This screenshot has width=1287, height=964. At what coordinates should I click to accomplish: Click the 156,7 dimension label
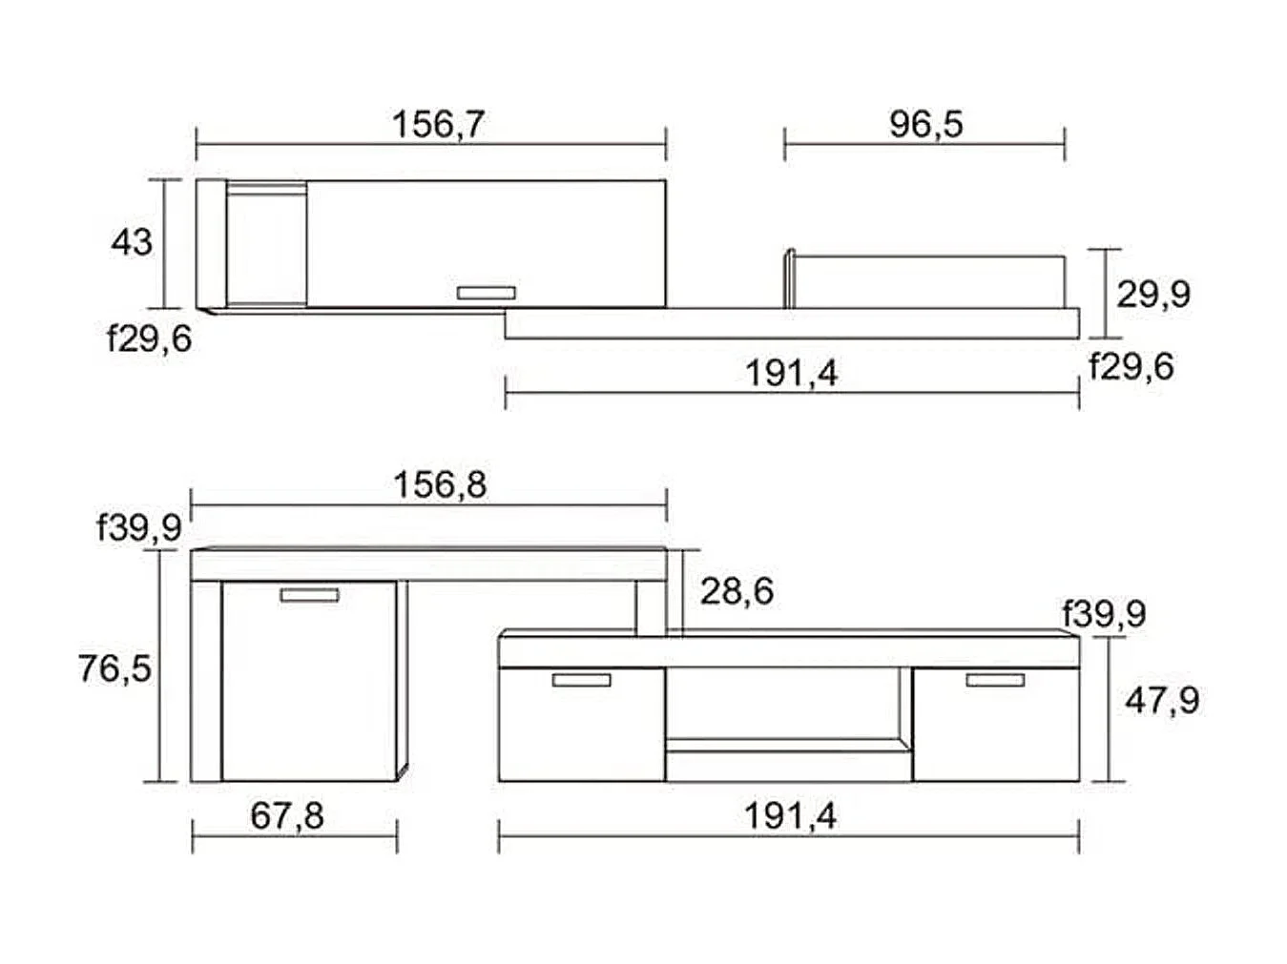[x=438, y=124]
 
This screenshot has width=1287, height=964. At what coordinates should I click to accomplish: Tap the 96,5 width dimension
[x=925, y=124]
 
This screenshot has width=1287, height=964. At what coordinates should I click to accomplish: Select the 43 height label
[x=131, y=242]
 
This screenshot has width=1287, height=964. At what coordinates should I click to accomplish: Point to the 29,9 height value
[x=1153, y=294]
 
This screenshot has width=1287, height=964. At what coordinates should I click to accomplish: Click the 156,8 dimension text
[x=440, y=484]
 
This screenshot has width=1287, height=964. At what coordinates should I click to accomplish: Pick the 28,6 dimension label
[x=737, y=591]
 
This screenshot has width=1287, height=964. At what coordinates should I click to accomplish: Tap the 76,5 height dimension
[x=114, y=668]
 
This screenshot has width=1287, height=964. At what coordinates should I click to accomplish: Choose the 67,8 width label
[x=287, y=816]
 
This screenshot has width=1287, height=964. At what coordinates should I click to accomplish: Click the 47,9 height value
[x=1162, y=701]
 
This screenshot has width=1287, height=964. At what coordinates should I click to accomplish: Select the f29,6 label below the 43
[x=149, y=338]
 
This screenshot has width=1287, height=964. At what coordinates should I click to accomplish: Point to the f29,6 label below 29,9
[x=1131, y=366]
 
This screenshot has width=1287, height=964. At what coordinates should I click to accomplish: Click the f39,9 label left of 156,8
[x=139, y=526]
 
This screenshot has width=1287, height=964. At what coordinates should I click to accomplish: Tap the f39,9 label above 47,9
[x=1104, y=613]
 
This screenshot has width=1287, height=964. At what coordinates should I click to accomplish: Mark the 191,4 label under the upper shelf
[x=791, y=373]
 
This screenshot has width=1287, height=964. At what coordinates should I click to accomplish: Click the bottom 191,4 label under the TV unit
[x=790, y=816]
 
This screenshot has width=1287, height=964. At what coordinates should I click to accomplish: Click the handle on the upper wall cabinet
[x=487, y=293]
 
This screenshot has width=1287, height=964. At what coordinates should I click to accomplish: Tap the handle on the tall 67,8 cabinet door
[x=309, y=595]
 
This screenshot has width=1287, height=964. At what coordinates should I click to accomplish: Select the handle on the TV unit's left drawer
[x=581, y=680]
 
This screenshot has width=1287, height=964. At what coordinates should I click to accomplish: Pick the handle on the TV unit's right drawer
[x=995, y=680]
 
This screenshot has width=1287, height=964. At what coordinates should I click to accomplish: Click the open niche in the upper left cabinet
[x=266, y=245]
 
